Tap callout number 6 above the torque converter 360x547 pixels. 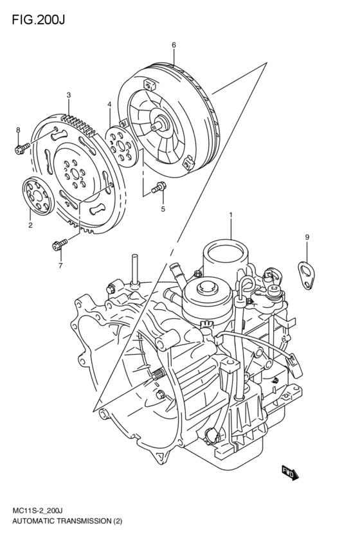pyautogui.click(x=174, y=44)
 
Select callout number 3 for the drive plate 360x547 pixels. pyautogui.click(x=68, y=96)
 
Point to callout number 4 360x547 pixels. pyautogui.click(x=109, y=104)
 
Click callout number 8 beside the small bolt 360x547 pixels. pyautogui.click(x=19, y=130)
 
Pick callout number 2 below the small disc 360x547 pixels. pyautogui.click(x=30, y=225)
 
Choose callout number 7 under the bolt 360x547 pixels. pyautogui.click(x=60, y=265)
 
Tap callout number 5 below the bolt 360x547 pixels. pyautogui.click(x=163, y=209)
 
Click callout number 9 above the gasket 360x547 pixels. pyautogui.click(x=307, y=238)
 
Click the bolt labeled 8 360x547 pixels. pyautogui.click(x=20, y=150)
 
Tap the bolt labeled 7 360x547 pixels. pyautogui.click(x=60, y=244)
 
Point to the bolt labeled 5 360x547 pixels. pyautogui.click(x=157, y=188)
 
